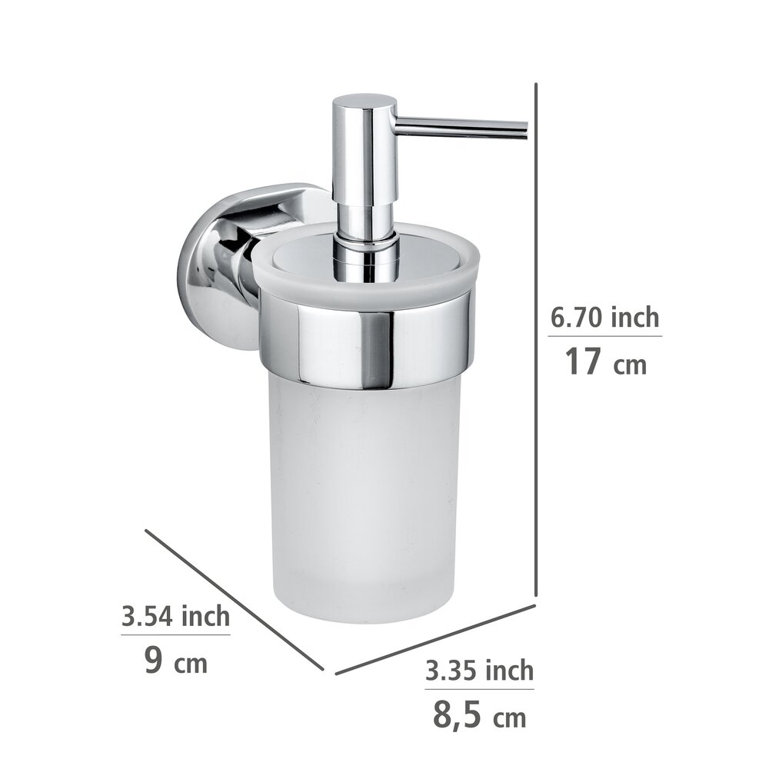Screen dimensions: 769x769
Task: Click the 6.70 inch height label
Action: click(x=605, y=317)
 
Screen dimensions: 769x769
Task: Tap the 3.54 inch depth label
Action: click(x=175, y=616)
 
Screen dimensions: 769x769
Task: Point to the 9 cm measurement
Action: click(x=175, y=661)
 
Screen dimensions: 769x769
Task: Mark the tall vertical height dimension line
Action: click(x=535, y=338)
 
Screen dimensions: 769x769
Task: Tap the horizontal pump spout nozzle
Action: click(x=461, y=128)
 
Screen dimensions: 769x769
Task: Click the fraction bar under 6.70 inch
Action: click(x=605, y=336)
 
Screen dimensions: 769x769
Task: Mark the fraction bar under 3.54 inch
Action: click(x=175, y=635)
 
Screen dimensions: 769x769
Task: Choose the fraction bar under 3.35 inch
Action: click(x=479, y=689)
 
